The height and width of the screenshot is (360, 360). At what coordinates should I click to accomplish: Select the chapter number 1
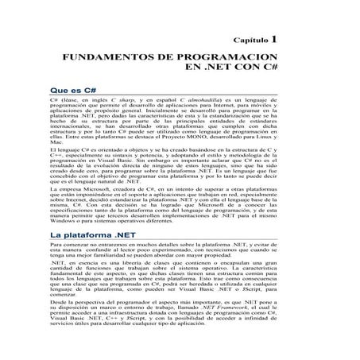click(274, 37)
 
